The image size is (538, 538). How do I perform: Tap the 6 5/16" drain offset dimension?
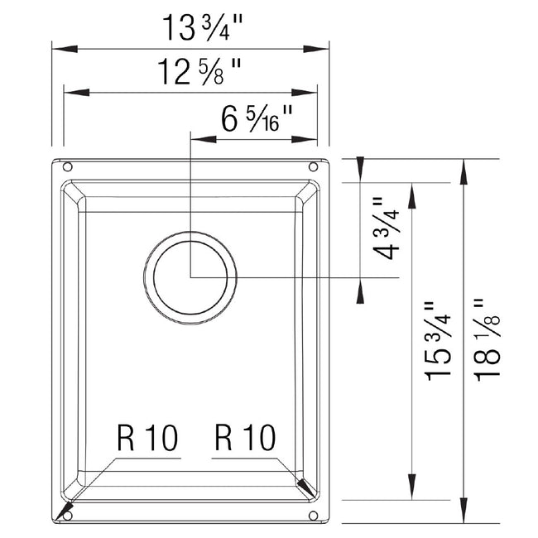pos(257,120)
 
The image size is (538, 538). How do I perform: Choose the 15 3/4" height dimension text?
pos(439,340)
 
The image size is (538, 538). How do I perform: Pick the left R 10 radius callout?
pos(148,438)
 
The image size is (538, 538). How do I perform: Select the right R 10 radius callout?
pos(246,438)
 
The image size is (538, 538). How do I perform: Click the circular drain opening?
pos(191,276)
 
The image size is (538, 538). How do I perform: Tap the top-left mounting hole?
pos(68,167)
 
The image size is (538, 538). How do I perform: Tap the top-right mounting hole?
pos(314,167)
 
